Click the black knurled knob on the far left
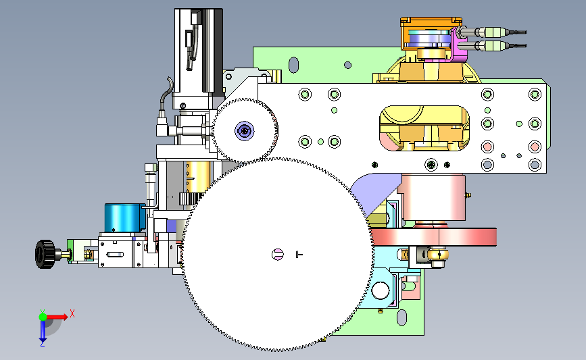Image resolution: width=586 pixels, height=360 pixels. [x=45, y=255]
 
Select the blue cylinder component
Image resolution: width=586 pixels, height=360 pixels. [x=124, y=218]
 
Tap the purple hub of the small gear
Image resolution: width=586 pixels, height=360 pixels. [x=245, y=131]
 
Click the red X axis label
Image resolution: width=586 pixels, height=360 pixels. [x=72, y=313]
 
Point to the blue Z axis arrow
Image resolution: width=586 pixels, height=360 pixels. [x=43, y=331]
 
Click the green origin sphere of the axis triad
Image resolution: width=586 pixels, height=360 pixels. [x=43, y=317]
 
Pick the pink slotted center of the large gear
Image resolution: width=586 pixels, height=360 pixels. [x=277, y=255]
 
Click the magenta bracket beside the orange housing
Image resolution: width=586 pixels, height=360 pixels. [x=459, y=45]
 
